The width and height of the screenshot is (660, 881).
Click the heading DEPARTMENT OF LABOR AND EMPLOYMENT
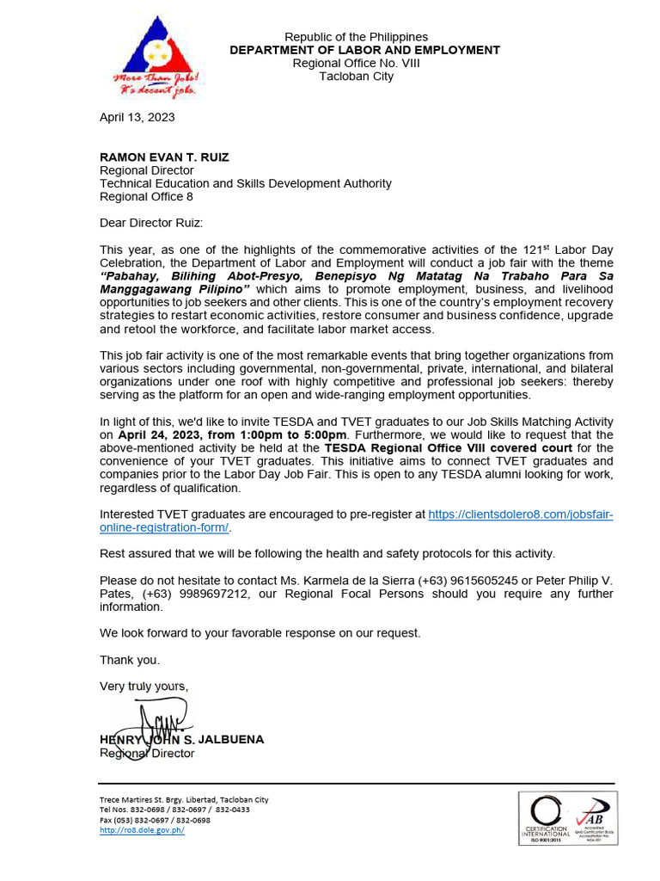364,50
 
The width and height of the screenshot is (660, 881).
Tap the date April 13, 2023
137,117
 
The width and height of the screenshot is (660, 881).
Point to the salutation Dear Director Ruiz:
151,223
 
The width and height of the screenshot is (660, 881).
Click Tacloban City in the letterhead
356,76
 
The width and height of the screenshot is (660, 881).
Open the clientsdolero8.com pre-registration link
520,514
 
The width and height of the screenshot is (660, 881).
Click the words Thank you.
130,660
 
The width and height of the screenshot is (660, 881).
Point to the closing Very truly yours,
144,686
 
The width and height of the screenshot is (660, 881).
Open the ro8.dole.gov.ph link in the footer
142,830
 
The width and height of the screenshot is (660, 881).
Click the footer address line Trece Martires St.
184,799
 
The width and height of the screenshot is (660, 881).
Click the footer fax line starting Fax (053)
155,820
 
